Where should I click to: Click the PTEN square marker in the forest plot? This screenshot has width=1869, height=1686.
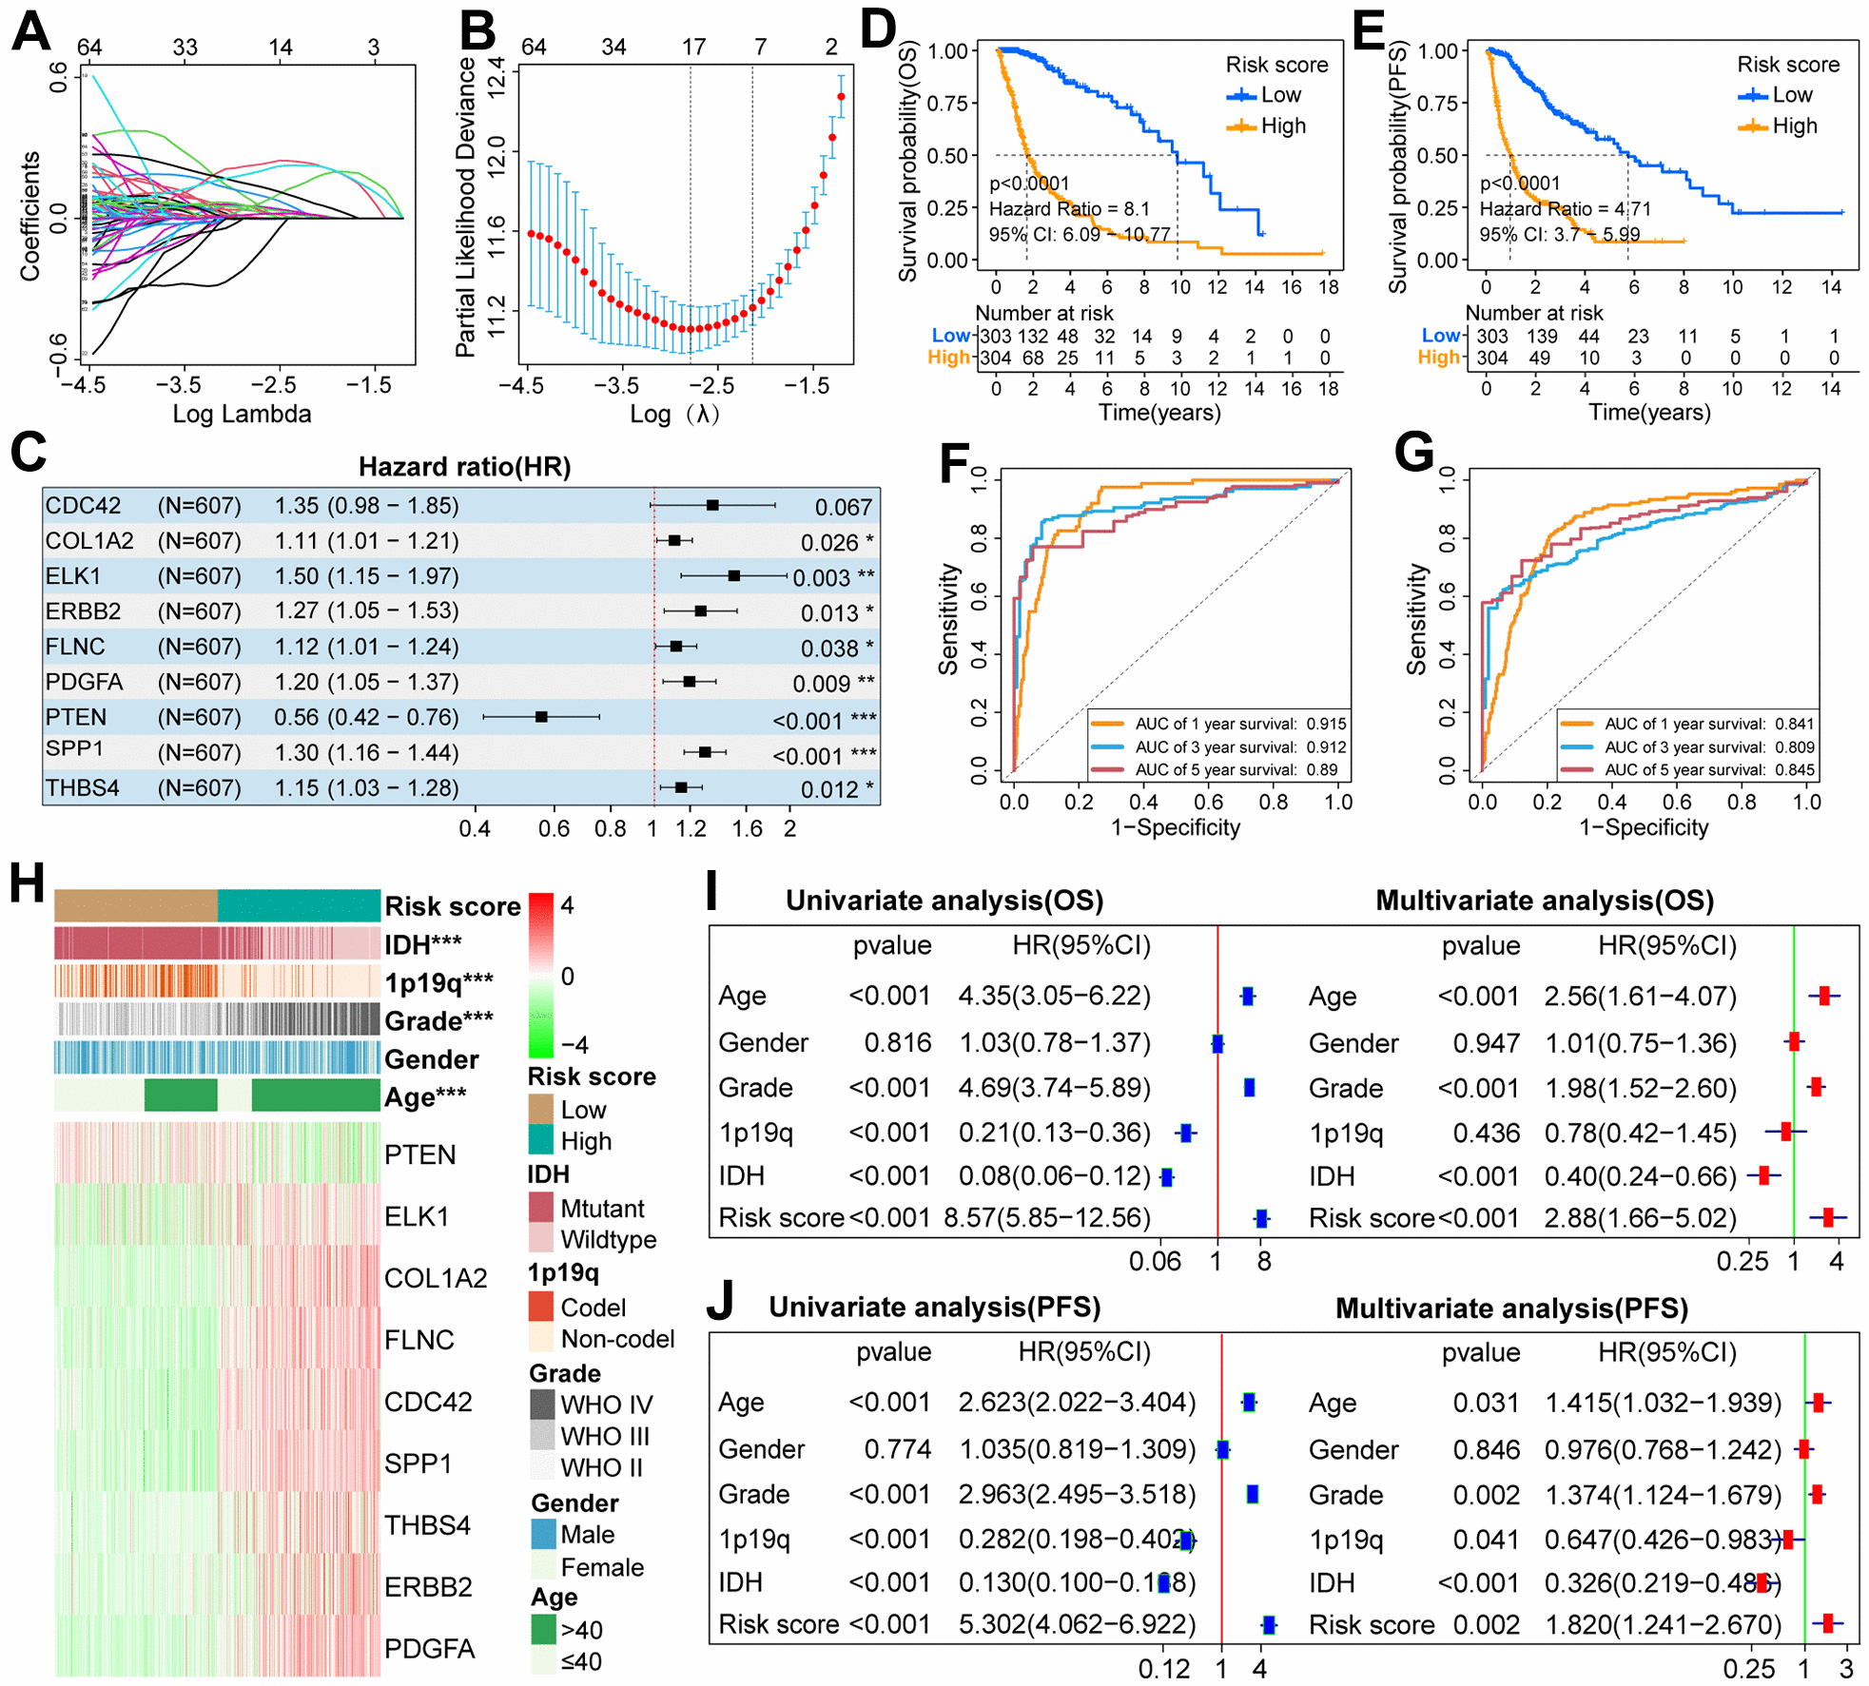tap(541, 716)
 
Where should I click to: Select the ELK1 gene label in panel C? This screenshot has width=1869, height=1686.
tap(73, 575)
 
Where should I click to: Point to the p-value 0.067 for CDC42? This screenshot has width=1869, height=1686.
tap(843, 507)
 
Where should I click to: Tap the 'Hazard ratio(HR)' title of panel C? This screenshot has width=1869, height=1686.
tap(464, 466)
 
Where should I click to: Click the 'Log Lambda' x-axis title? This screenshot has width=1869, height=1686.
tap(242, 414)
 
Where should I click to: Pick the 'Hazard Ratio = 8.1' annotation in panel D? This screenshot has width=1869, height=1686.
tap(1069, 208)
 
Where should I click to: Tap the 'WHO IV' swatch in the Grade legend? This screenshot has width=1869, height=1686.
tap(542, 1404)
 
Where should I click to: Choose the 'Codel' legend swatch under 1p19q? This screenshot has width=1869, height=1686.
tap(542, 1307)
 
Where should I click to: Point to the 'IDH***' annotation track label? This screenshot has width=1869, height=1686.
tap(422, 944)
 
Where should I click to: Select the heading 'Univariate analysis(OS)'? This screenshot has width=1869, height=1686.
tap(944, 901)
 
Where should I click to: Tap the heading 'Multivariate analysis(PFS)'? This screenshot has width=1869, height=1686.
tap(1511, 1308)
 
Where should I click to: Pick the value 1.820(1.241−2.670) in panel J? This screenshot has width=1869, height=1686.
tap(1663, 1624)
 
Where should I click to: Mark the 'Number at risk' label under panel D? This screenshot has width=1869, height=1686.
tap(1043, 313)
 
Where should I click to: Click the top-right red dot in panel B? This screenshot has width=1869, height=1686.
tap(841, 97)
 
